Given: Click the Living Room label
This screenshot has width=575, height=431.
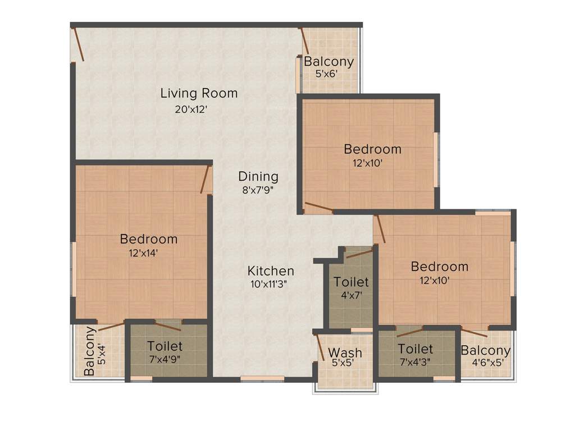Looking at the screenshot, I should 199,93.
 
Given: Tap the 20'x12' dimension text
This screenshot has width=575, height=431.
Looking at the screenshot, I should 191,109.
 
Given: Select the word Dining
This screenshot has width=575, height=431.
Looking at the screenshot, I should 258,176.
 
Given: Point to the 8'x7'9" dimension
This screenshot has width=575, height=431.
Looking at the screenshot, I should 258,190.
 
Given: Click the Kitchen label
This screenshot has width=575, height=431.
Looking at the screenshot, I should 271,271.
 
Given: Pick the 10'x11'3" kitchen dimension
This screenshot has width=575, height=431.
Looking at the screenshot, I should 269,284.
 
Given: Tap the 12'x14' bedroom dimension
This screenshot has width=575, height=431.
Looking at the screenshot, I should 143,253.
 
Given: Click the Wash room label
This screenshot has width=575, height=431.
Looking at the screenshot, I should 345,353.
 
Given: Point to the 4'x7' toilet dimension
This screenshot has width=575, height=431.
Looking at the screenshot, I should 351,295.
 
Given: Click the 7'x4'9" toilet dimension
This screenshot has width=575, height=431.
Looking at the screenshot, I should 164,359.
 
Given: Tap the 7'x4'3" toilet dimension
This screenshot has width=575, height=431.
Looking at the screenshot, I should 415,363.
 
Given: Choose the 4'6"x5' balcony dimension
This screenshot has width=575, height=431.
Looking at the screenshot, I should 486,363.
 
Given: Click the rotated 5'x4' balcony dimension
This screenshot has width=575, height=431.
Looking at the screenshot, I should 101,355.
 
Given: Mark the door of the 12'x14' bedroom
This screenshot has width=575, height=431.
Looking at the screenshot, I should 206,180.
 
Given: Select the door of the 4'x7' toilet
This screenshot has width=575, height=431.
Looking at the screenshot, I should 359,254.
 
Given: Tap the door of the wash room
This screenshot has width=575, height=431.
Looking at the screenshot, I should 320,347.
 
